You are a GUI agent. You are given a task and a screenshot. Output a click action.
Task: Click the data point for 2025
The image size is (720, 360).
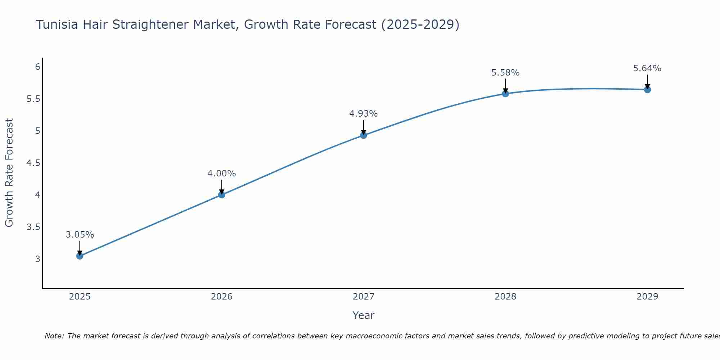(x=80, y=256)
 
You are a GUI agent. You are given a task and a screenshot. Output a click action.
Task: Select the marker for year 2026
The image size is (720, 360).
(x=221, y=195)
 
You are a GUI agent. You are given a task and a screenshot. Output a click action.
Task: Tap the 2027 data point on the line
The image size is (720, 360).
(x=364, y=135)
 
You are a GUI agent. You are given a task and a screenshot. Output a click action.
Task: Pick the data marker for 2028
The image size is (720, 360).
(x=505, y=94)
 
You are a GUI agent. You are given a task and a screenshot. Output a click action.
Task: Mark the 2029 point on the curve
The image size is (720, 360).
(x=647, y=90)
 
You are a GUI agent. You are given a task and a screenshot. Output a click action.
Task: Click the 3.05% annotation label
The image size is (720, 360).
(x=80, y=235)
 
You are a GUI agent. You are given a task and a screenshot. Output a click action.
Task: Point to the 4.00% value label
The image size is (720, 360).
(x=221, y=174)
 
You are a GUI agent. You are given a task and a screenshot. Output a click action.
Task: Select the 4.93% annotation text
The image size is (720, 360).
(x=364, y=114)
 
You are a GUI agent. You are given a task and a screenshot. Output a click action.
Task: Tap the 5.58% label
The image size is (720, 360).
(x=505, y=73)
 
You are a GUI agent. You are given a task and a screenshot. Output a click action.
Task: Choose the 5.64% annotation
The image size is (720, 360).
(x=647, y=68)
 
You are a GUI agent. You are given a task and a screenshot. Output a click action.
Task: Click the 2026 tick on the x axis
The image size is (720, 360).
(x=221, y=297)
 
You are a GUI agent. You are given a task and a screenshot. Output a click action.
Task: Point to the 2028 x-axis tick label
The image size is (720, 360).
(x=505, y=297)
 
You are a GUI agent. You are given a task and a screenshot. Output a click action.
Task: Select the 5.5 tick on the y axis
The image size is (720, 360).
(x=33, y=99)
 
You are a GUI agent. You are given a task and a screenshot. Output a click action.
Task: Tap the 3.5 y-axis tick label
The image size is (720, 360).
(x=33, y=227)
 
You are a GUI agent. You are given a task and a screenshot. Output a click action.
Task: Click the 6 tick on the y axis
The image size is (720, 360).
(x=37, y=67)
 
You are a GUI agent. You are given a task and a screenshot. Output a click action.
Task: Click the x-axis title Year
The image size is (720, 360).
(x=364, y=315)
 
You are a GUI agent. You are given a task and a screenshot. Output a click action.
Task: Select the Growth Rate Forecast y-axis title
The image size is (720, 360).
(x=9, y=173)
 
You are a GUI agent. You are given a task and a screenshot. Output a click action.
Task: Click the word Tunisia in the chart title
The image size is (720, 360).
(x=58, y=25)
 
